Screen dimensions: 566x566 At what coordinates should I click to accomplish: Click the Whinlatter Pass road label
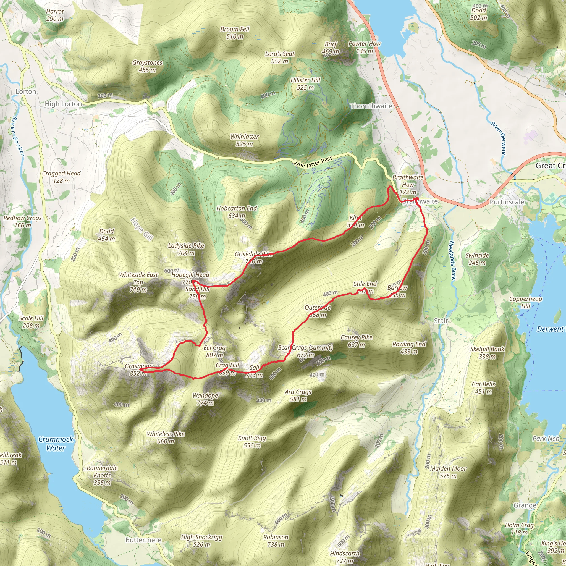tap(313, 162)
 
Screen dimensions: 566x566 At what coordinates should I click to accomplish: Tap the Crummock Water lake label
tap(56, 443)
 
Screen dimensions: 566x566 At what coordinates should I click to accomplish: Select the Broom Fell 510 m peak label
tap(235, 33)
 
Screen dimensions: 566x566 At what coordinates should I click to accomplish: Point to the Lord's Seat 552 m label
tap(279, 57)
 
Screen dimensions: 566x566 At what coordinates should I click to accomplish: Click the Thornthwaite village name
tap(371, 106)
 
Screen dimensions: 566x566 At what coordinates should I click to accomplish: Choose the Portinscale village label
tap(507, 202)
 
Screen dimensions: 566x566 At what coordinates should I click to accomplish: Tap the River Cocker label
tap(17, 136)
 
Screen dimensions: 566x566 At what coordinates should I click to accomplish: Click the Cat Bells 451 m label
tap(483, 387)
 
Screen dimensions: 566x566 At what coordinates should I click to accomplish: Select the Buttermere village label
tap(143, 540)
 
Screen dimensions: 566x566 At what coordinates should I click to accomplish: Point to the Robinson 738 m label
tap(275, 541)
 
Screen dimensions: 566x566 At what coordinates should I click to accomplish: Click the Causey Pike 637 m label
tap(356, 341)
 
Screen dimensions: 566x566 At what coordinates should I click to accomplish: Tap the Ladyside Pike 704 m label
tap(186, 249)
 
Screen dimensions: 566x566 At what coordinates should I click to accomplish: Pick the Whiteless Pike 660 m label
tap(166, 437)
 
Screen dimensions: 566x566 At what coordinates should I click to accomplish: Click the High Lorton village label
tap(63, 104)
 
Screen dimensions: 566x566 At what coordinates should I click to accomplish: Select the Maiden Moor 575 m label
tap(448, 472)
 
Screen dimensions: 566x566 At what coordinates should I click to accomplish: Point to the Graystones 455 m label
tap(147, 66)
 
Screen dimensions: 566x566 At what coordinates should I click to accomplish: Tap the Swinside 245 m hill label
tap(477, 259)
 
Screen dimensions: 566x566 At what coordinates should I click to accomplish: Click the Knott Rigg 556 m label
tap(252, 441)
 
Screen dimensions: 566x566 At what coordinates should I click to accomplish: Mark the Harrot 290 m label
tap(55, 15)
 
